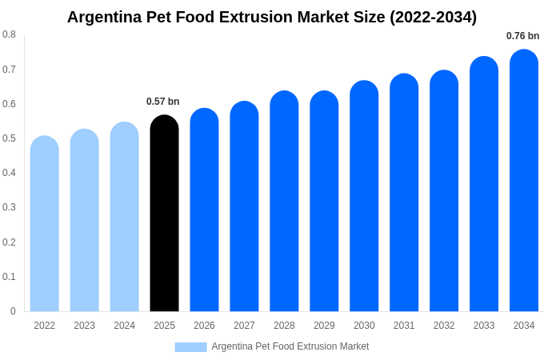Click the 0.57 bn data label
(x=163, y=102)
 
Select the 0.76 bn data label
(x=522, y=36)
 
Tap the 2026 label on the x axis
(x=204, y=326)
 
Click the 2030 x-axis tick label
(x=364, y=326)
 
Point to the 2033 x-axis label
(x=484, y=326)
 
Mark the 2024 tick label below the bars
(x=124, y=326)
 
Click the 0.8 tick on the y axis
(x=9, y=34)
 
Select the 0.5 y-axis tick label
(x=9, y=138)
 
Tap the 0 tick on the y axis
(x=13, y=311)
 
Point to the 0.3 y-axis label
(x=9, y=207)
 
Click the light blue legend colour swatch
(x=190, y=347)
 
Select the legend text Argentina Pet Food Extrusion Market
(x=290, y=346)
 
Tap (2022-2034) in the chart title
(x=433, y=17)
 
